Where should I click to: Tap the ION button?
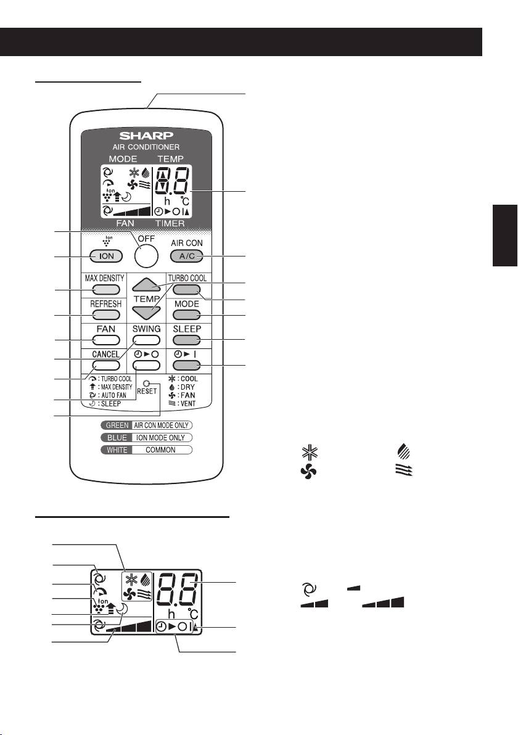(104, 256)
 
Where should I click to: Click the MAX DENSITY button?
(104, 290)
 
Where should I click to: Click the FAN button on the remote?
(104, 340)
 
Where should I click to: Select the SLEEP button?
(187, 340)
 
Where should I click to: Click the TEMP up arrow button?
(146, 284)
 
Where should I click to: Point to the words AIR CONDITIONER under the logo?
(146, 147)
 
